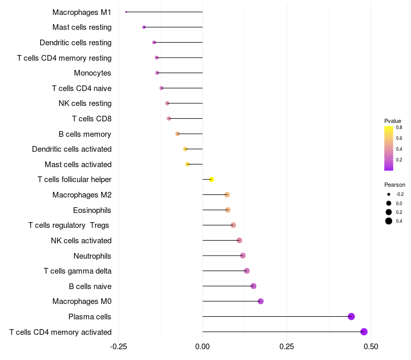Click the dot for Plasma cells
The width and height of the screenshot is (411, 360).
(351, 316)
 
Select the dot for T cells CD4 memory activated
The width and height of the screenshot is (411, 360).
(364, 332)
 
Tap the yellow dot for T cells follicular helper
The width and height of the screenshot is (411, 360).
(211, 179)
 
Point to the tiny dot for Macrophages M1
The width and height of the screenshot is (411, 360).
(126, 12)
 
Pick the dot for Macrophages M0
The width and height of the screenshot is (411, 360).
(260, 301)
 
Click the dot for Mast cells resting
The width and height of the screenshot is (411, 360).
(144, 27)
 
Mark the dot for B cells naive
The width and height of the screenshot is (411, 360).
(253, 286)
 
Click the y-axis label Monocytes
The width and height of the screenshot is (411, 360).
(92, 73)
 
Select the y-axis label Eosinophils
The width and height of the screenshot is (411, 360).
(92, 210)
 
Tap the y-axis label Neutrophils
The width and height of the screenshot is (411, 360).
(92, 256)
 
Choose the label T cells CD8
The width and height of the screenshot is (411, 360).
(91, 119)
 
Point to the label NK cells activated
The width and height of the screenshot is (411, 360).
(81, 241)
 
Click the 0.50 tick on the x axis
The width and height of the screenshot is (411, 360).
(370, 346)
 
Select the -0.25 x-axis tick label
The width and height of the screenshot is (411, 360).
(119, 346)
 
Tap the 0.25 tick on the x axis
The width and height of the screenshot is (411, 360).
(287, 346)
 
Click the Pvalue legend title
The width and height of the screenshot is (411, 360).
(393, 121)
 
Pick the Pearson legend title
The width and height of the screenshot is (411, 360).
(395, 185)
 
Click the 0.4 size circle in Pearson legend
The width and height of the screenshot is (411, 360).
(389, 221)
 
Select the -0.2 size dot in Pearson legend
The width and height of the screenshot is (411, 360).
(389, 194)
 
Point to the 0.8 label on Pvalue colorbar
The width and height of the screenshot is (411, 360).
(399, 128)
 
